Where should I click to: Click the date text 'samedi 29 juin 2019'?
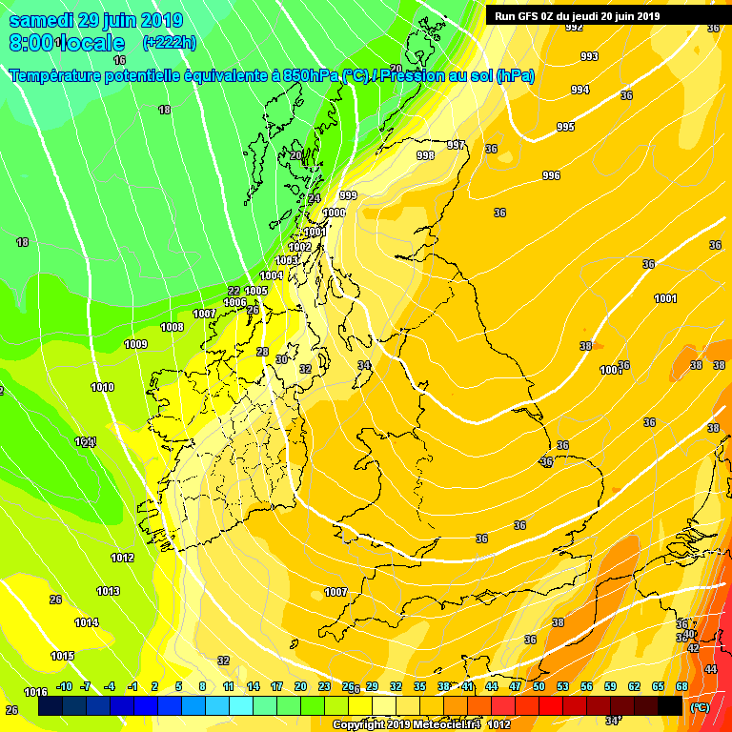pos(96,20)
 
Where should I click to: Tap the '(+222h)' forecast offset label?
pos(169,42)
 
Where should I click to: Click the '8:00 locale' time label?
pos(67,43)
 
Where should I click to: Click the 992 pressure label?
pos(574,28)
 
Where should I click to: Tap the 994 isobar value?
pos(579,90)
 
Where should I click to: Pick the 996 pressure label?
pos(551,175)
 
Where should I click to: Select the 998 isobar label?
pos(426,155)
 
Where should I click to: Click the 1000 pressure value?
pos(335,213)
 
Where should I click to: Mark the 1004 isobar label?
pos(272,275)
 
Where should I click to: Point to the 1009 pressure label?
pos(135,344)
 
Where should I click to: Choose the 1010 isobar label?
pos(103,387)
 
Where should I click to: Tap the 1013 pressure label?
pos(108,591)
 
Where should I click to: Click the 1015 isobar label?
pos(63,656)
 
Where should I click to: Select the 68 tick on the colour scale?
pos(681,686)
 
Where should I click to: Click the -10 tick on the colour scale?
pos(65,686)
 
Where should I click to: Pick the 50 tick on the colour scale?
pos(539,686)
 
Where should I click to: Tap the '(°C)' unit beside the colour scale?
pos(699,706)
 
